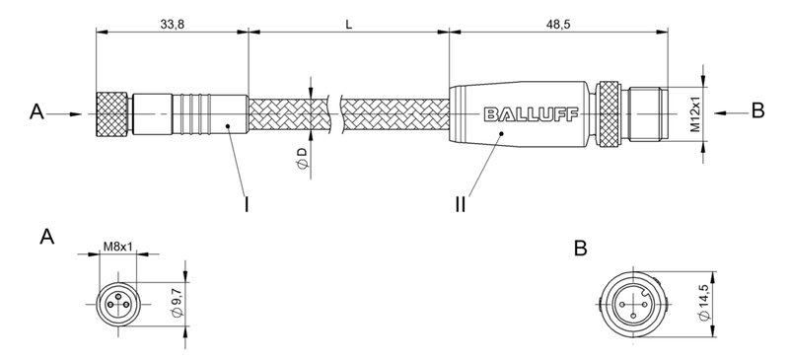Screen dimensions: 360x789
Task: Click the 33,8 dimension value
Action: coord(173,22)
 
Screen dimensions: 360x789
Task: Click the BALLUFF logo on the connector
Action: coord(526,114)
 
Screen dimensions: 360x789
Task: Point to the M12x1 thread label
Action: coord(695,114)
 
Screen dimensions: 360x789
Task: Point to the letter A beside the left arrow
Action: coord(36,113)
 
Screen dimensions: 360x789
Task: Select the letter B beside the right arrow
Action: coord(757,111)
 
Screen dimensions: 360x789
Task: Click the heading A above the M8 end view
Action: coord(46,238)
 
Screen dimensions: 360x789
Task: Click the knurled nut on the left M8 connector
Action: coord(112,113)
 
